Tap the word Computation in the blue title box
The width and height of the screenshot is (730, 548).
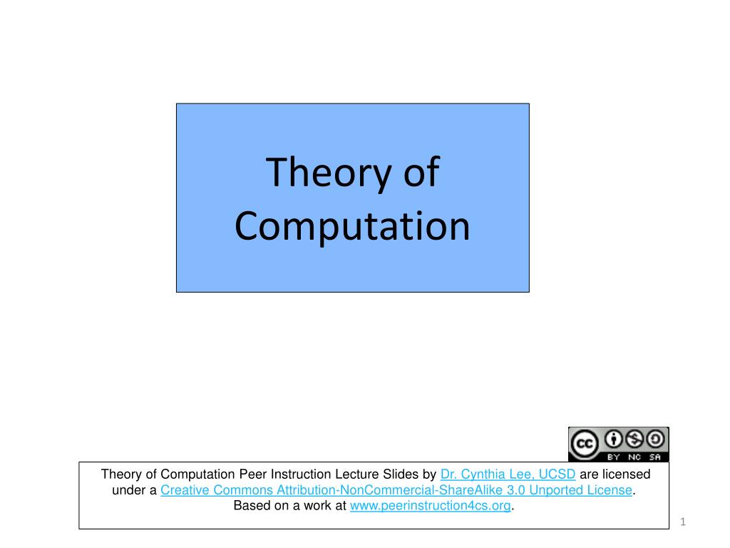tap(352, 227)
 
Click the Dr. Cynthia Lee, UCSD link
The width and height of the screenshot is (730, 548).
tap(508, 475)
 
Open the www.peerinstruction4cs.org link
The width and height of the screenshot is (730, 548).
tap(431, 506)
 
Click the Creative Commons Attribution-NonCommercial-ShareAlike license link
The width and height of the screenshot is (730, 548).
tap(396, 490)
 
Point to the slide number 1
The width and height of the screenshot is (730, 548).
tap(682, 522)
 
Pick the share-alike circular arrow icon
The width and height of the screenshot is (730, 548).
tap(655, 439)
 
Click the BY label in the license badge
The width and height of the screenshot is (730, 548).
tap(615, 456)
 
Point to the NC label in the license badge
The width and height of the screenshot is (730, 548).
tap(634, 456)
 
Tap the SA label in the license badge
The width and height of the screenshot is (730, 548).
tap(654, 456)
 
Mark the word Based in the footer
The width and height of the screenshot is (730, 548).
tap(250, 506)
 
